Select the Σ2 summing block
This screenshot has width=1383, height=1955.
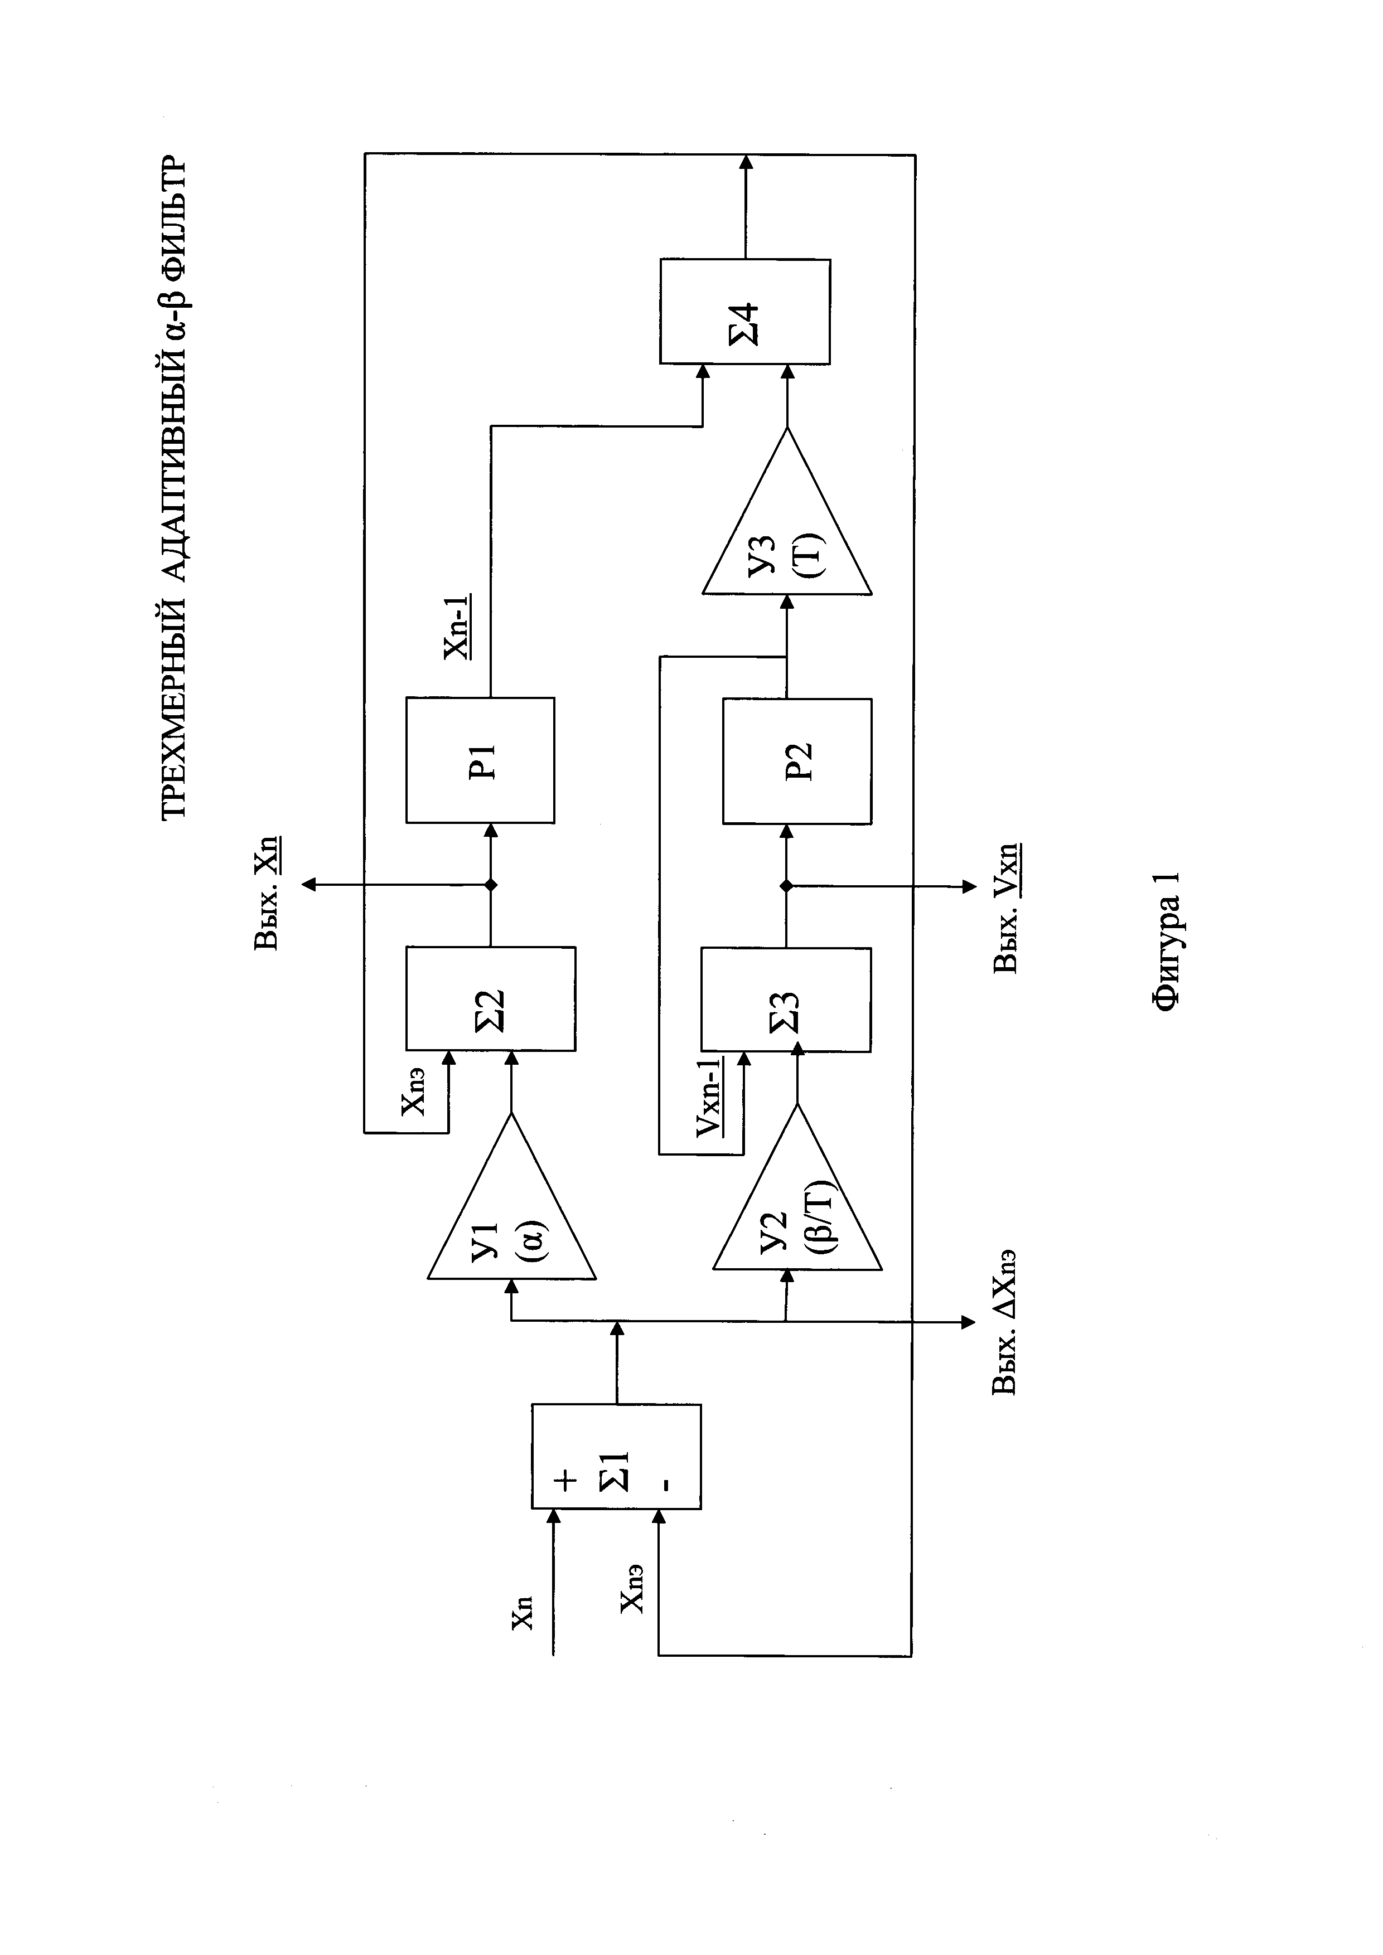click(x=491, y=999)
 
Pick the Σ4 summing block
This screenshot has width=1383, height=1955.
click(x=745, y=312)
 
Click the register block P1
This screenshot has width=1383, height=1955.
click(x=480, y=760)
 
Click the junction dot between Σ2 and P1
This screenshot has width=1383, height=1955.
click(x=491, y=886)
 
